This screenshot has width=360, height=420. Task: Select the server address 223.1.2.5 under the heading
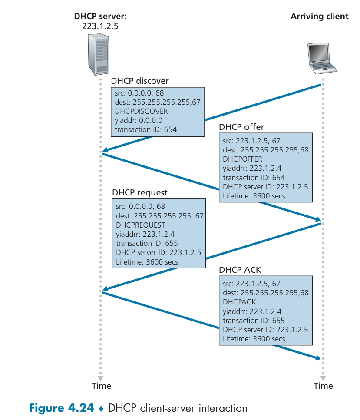[x=100, y=26]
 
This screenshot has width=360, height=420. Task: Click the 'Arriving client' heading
[x=319, y=17]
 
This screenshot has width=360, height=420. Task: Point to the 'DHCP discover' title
[x=140, y=81]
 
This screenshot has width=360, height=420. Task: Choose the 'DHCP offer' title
[x=241, y=127]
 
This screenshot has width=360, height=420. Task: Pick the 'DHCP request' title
[x=140, y=192]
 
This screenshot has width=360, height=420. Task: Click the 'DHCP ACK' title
[x=240, y=270]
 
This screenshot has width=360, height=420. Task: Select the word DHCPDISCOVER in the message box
[x=141, y=111]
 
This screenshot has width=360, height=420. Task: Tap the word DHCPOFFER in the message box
[x=242, y=159]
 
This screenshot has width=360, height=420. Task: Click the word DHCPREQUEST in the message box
[x=141, y=225]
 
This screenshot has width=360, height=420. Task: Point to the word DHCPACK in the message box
[x=239, y=302]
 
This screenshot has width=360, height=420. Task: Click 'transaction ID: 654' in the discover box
[x=146, y=129]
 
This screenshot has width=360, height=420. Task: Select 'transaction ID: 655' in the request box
[x=147, y=243]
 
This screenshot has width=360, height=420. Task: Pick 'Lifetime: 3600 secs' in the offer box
[x=254, y=196]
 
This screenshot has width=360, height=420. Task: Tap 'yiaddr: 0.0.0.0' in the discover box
[x=139, y=120]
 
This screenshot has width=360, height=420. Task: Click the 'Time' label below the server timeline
[x=102, y=386]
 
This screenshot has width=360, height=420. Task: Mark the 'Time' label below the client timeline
[x=323, y=386]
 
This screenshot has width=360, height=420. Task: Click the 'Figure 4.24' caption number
[x=61, y=408]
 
